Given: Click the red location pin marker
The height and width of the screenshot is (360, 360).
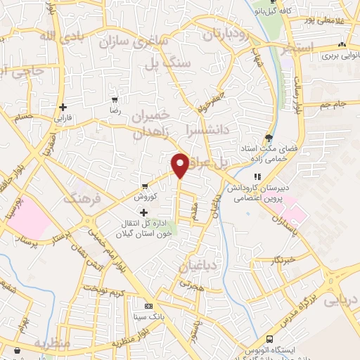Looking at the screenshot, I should [x=180, y=165].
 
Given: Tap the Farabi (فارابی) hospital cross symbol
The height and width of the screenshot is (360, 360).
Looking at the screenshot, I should [x=63, y=108].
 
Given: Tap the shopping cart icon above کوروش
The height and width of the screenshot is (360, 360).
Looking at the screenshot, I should [x=145, y=187].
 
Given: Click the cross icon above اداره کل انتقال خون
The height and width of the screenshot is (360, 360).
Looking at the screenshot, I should [x=144, y=212].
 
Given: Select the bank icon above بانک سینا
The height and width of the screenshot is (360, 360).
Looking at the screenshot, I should [x=148, y=307].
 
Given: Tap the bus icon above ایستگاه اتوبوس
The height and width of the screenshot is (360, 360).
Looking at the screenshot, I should [x=250, y=348].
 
